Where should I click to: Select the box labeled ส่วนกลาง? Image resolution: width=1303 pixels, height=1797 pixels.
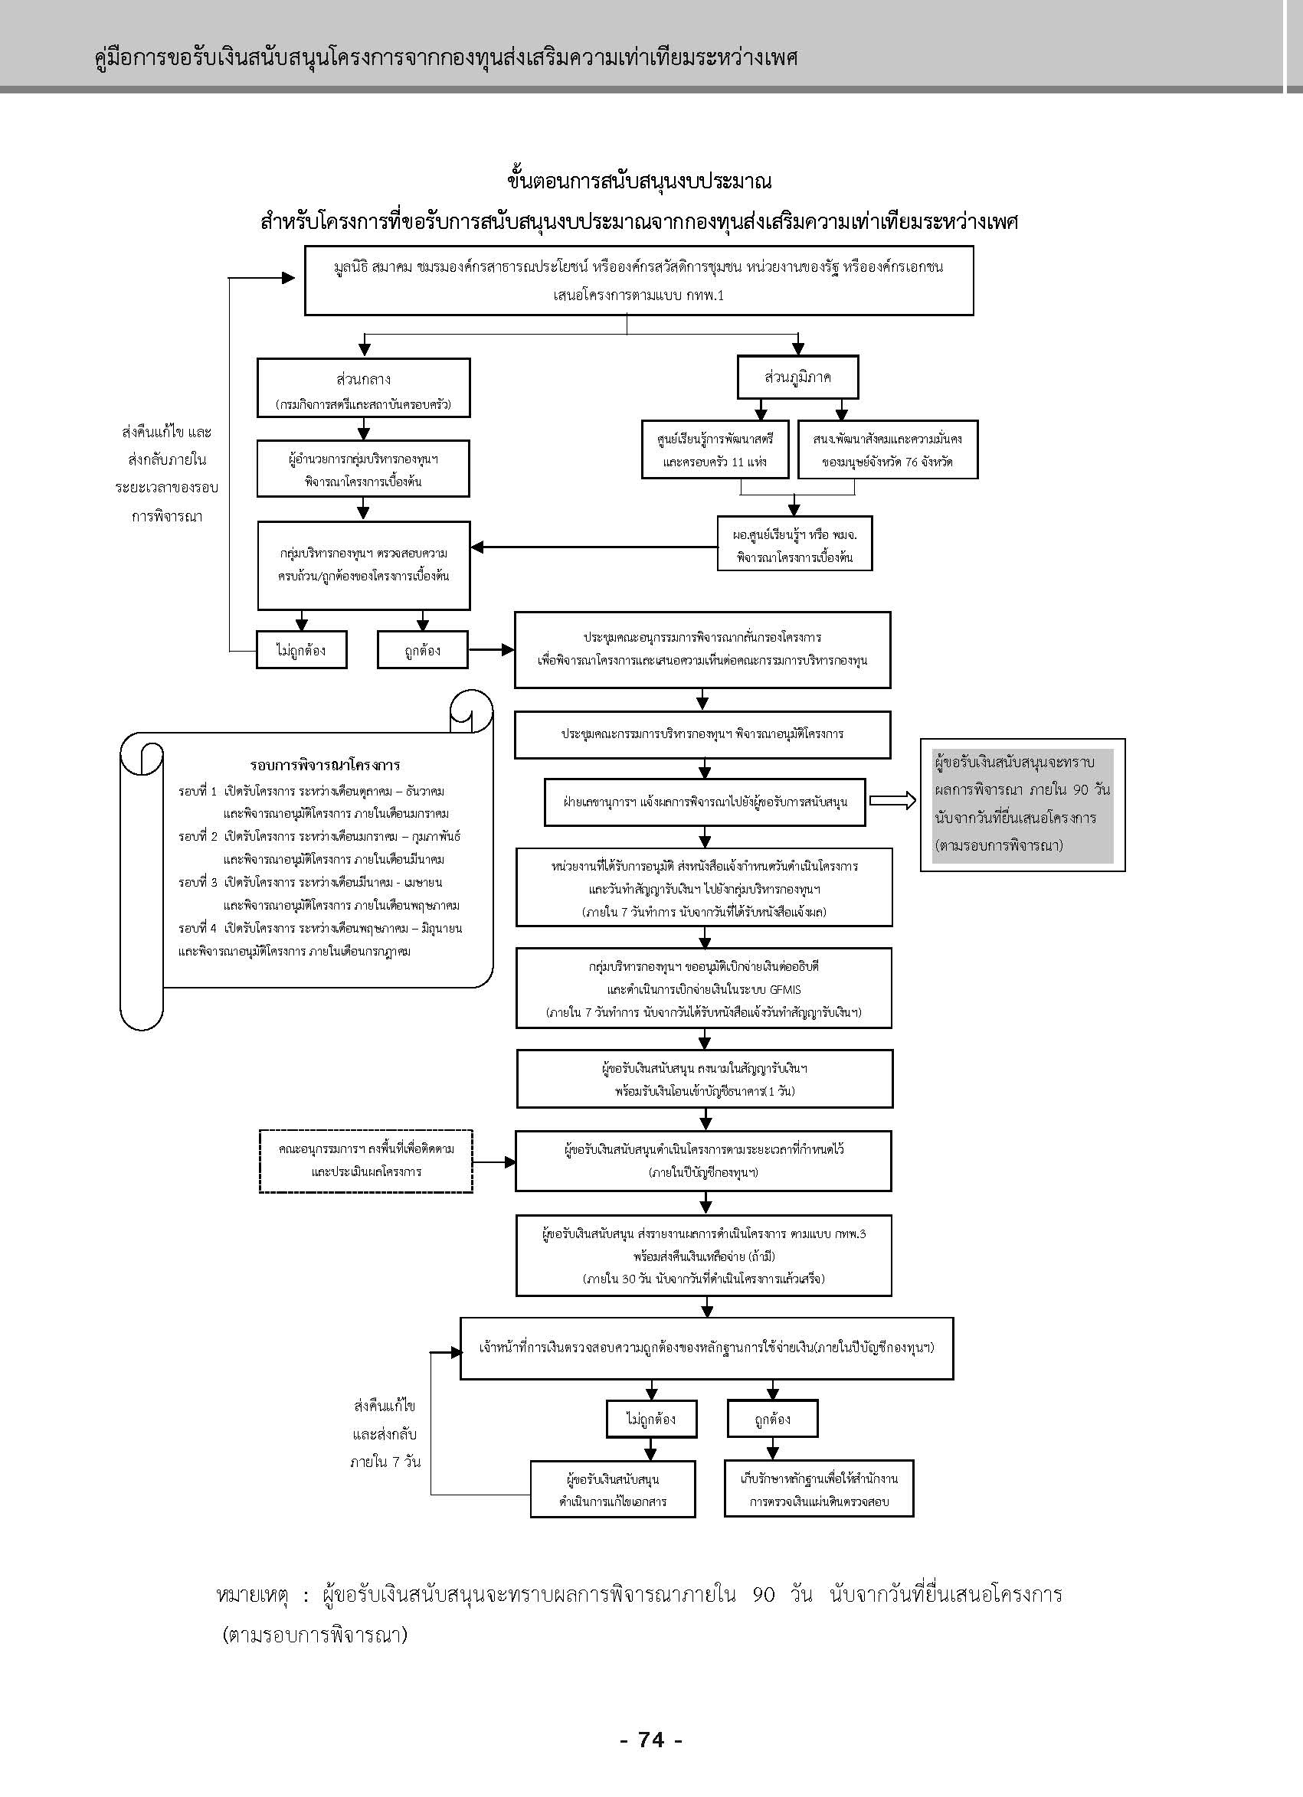click(x=363, y=387)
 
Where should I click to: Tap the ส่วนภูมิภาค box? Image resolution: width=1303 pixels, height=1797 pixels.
click(x=798, y=377)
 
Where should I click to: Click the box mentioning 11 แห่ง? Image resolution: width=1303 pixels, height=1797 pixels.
click(x=715, y=449)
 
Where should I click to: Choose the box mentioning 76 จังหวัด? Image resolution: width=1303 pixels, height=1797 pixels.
click(x=888, y=449)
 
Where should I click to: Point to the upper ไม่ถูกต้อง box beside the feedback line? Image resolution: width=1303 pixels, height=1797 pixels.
click(x=301, y=650)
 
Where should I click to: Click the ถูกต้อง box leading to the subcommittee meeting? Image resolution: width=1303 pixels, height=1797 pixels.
click(x=422, y=650)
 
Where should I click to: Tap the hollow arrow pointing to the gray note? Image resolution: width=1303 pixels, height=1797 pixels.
click(x=892, y=801)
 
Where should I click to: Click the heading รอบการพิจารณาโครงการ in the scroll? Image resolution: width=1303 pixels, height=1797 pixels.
click(x=325, y=766)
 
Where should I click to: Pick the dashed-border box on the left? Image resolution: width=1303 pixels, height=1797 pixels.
click(x=365, y=1161)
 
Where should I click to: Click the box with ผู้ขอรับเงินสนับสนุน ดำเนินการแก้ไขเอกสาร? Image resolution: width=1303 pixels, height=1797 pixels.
click(x=613, y=1489)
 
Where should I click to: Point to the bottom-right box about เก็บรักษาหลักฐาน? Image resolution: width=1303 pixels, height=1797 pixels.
click(x=819, y=1489)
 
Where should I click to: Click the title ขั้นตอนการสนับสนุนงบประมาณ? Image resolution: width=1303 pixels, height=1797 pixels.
click(x=639, y=181)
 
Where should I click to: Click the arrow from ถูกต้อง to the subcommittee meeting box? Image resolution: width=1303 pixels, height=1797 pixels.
click(x=491, y=650)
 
